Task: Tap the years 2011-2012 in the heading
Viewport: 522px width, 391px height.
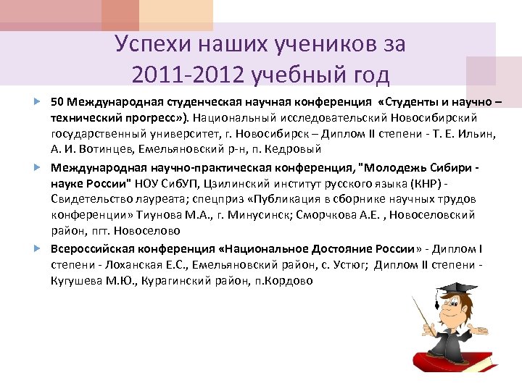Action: [190, 75]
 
